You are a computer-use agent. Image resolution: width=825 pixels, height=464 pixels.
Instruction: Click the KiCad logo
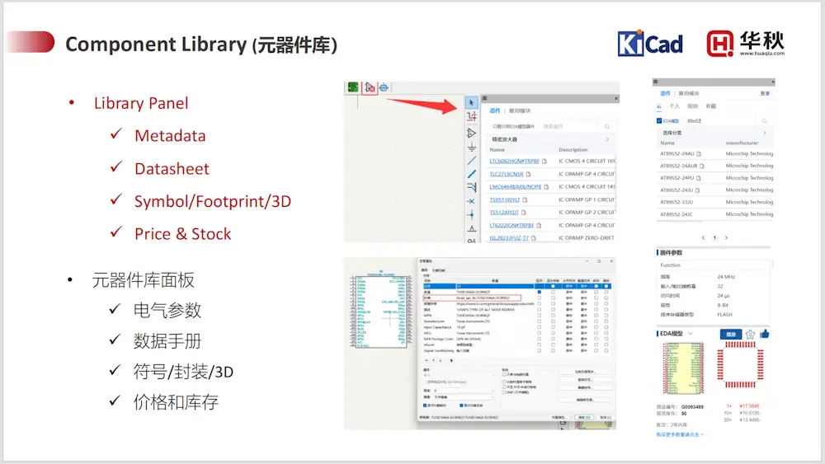point(650,44)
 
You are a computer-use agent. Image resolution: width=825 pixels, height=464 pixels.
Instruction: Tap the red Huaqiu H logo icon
point(720,44)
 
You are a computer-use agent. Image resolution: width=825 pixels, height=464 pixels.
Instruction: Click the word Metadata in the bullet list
point(170,136)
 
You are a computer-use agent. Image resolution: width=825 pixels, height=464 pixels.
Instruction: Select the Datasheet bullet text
point(172,169)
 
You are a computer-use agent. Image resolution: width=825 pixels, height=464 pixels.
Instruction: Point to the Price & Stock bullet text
point(182,234)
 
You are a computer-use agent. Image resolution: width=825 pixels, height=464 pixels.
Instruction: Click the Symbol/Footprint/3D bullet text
point(212,201)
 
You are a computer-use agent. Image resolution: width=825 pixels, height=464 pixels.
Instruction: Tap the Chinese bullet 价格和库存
point(176,402)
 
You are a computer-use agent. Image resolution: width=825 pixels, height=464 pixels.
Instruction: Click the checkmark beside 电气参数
point(115,312)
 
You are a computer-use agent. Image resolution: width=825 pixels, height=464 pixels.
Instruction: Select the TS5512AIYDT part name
point(511,213)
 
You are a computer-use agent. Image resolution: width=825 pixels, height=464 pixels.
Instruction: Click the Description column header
point(573,150)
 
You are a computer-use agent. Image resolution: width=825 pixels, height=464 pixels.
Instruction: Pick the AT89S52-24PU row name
point(676,178)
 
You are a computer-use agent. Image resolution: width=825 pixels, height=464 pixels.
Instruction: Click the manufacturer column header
point(742,143)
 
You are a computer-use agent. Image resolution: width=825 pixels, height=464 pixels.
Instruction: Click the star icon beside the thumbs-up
point(750,334)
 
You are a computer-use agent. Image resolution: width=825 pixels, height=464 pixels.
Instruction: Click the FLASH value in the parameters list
point(725,315)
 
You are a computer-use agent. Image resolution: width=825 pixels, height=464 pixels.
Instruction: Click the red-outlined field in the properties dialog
point(486,298)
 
